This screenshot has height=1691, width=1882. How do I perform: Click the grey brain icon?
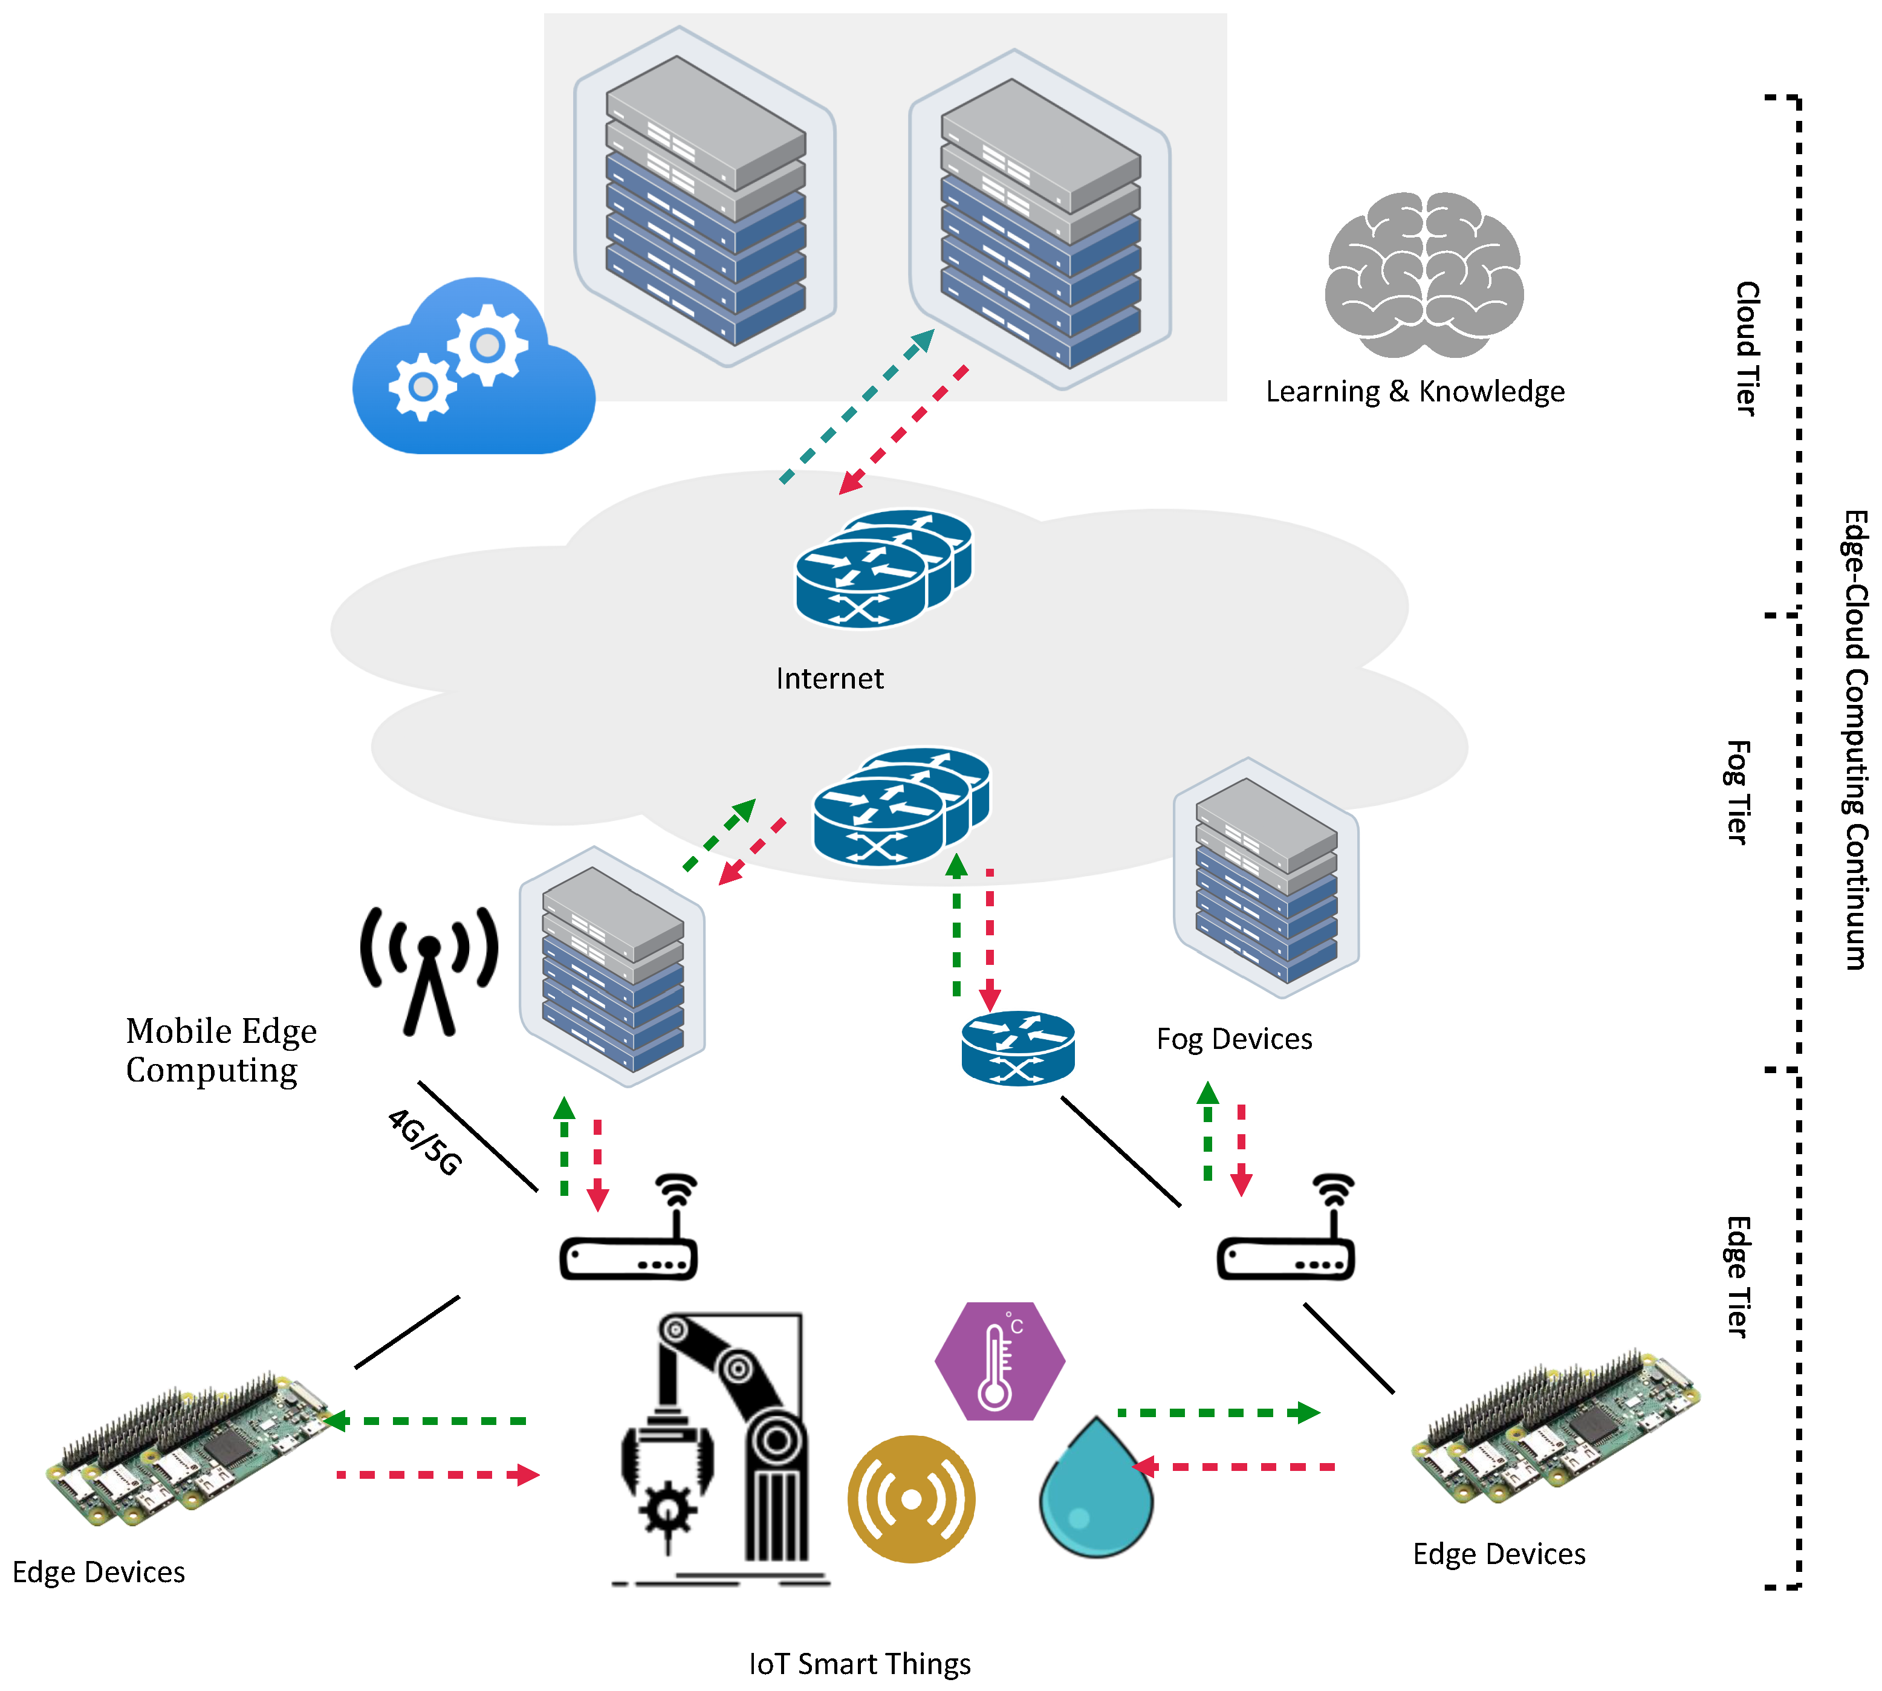point(1424,275)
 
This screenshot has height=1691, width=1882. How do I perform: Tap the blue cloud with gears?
point(474,366)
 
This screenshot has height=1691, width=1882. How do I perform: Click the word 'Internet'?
point(829,678)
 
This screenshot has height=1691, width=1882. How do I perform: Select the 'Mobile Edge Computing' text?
point(221,1050)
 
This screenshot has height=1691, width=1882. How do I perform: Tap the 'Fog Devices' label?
point(1234,1039)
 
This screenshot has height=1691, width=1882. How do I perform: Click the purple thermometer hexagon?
point(999,1361)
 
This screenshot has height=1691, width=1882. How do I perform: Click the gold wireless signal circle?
point(911,1499)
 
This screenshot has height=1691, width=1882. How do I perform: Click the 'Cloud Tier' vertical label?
point(1747,348)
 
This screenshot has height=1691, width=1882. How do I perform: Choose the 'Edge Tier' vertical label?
point(1738,1277)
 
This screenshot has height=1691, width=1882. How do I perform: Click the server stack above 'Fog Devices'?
point(1266,878)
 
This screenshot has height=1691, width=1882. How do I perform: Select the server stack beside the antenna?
point(612,966)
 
